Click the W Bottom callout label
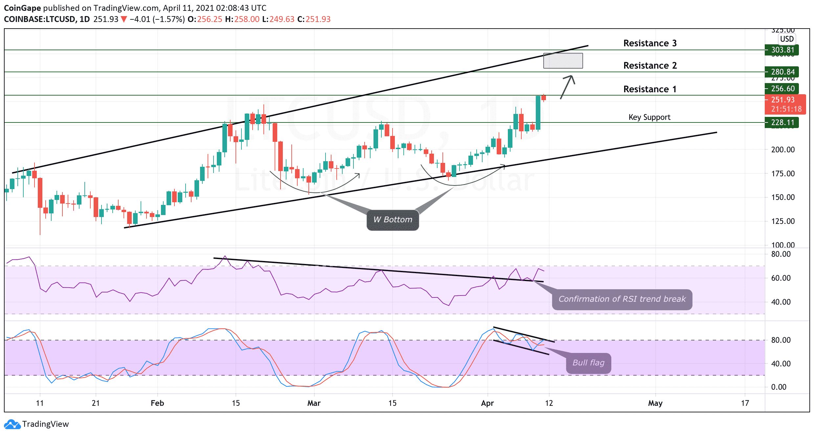tap(393, 220)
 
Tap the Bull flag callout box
tap(588, 363)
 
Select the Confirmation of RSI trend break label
tap(622, 299)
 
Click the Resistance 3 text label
tap(650, 43)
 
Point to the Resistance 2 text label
tap(650, 66)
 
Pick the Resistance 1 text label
tap(650, 89)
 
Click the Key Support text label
tap(649, 117)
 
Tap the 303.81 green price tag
tap(782, 50)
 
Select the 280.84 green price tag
tap(782, 72)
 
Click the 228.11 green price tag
tap(782, 122)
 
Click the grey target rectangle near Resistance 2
tap(563, 61)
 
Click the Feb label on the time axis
tap(157, 403)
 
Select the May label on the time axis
tap(655, 403)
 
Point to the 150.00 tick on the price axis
tap(783, 197)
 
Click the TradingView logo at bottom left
tap(36, 424)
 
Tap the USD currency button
tap(787, 39)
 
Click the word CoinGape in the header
tap(22, 8)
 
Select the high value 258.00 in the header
tap(247, 19)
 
